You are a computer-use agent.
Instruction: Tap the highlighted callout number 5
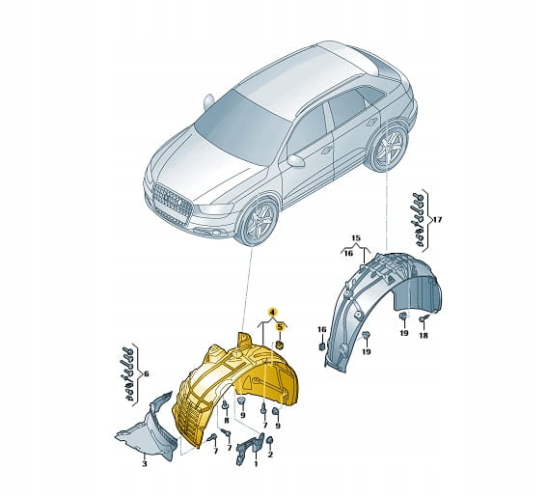point(280,327)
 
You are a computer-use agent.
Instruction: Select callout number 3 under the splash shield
point(145,463)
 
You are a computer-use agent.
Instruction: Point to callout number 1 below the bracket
point(256,463)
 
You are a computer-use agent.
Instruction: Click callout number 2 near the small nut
point(270,455)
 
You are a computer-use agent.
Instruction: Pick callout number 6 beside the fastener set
point(147,373)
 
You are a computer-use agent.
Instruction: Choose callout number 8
point(227,421)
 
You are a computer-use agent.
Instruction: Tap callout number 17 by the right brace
point(437,220)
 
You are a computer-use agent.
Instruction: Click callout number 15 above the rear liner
point(355,238)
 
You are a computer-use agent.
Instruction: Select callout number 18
point(424,336)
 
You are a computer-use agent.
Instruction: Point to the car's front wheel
point(260,221)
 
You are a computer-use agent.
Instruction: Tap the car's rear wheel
point(389,147)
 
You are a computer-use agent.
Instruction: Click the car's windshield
point(241,126)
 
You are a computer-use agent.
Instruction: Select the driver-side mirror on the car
point(296,160)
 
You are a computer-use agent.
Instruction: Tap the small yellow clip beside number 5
point(280,345)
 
